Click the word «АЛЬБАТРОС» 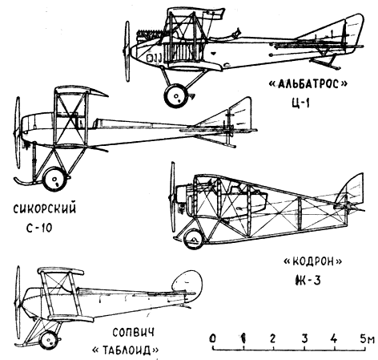point(308,84)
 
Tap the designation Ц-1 point(301,103)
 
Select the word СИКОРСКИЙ point(45,208)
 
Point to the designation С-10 point(39,228)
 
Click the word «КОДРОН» point(312,261)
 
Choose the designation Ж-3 point(306,281)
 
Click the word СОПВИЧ point(133,333)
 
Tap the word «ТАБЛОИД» point(125,350)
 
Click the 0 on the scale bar point(213,338)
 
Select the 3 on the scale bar point(304,338)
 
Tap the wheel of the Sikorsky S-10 point(54,179)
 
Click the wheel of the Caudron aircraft point(194,239)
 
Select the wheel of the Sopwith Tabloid point(49,340)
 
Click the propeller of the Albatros point(127,51)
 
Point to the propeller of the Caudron point(172,197)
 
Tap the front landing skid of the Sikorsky point(26,182)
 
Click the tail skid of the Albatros point(324,63)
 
